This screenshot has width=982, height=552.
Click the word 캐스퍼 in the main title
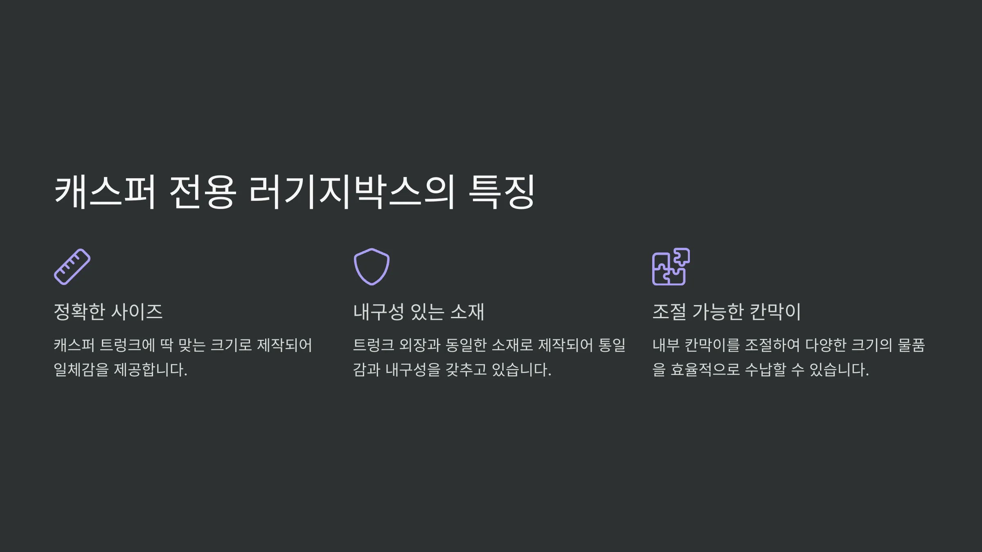[105, 192]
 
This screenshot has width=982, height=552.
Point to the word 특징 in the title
[502, 192]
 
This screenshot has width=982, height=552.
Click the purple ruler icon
[72, 267]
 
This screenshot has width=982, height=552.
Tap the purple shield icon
[372, 267]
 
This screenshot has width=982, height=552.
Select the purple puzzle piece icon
[671, 267]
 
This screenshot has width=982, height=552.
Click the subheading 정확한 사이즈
[108, 312]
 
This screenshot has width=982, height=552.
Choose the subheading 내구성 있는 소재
[419, 312]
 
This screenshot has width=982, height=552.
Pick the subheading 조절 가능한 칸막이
[726, 312]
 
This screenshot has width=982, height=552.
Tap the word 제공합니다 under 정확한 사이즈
[150, 370]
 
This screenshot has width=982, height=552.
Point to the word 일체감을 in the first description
[81, 370]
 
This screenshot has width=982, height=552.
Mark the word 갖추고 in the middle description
[466, 370]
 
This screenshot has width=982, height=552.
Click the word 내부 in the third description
[666, 345]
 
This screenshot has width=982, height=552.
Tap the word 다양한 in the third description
[826, 345]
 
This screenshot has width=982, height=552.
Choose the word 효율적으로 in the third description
[705, 370]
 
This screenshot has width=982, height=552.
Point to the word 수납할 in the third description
[766, 370]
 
